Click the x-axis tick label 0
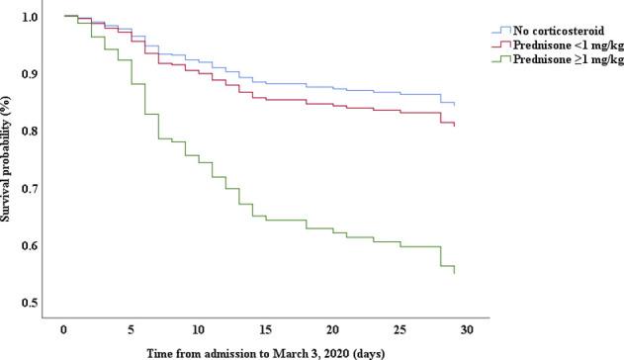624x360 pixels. [63, 328]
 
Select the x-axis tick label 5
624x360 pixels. [132, 328]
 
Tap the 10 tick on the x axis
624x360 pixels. [198, 328]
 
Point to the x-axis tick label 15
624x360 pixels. [265, 328]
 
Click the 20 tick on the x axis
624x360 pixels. [333, 328]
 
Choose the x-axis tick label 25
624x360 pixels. [401, 328]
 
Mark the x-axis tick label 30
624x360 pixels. [468, 328]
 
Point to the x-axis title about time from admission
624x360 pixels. [265, 352]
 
